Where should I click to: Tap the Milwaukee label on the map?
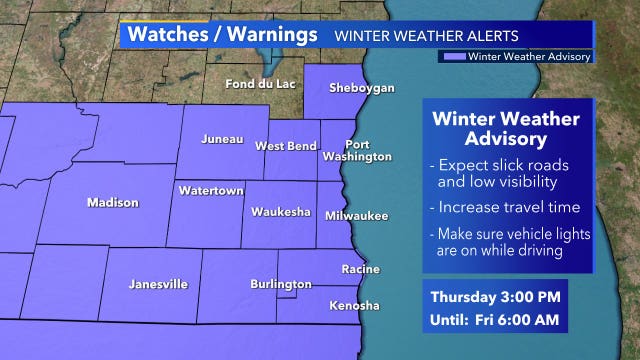356,216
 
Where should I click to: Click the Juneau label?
221,139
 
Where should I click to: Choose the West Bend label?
286,146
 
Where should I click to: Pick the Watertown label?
206,189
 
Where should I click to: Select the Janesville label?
158,284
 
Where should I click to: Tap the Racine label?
360,270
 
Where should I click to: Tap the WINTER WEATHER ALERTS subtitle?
427,36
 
